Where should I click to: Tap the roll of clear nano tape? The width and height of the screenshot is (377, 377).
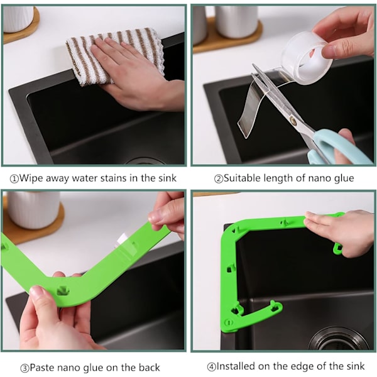pos(307,59)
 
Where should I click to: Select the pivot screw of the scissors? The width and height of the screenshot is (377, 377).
pos(293,119)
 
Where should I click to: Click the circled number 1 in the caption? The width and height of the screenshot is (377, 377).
pos(14,179)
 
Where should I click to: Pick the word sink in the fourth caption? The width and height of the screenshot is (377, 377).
pos(356,366)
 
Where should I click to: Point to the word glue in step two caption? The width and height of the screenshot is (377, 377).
pos(344,178)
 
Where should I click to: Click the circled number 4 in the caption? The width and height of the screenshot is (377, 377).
pos(212,367)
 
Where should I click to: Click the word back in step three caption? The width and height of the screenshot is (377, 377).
pos(149,368)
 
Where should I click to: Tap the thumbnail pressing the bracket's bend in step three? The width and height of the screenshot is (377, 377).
pos(36,292)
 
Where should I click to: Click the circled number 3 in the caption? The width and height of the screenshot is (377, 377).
pos(25,368)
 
